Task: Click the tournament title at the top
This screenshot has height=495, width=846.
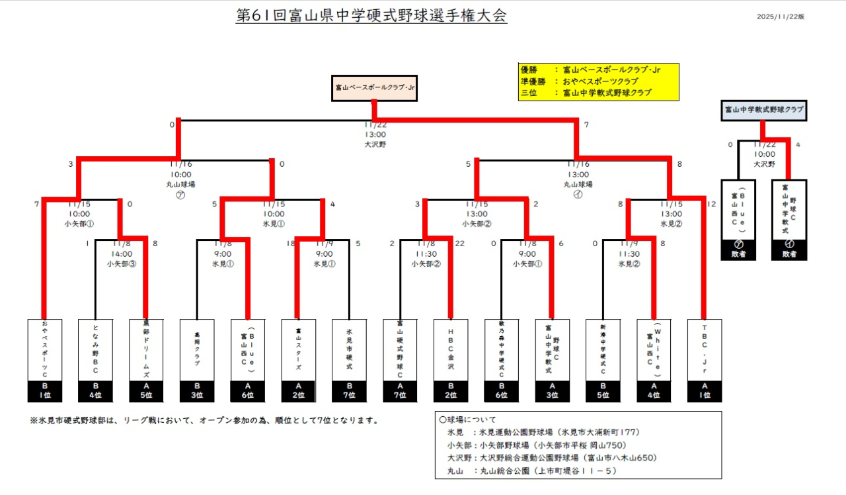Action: click(371, 16)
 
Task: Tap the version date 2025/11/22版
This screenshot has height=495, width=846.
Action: click(781, 17)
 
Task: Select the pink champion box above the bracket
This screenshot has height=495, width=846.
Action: click(375, 87)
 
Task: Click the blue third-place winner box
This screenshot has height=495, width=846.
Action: click(764, 110)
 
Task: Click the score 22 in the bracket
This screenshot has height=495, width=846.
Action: click(460, 244)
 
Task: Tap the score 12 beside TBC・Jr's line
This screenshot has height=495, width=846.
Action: click(711, 204)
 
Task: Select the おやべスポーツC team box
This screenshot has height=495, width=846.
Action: click(44, 351)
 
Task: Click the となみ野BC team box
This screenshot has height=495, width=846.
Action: click(95, 351)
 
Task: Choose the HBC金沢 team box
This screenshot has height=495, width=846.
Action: click(451, 351)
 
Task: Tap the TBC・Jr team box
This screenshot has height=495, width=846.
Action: click(705, 351)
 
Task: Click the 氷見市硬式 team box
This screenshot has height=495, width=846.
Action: click(349, 351)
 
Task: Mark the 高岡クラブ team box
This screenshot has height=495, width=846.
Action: click(197, 351)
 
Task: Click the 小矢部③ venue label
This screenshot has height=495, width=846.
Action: click(121, 263)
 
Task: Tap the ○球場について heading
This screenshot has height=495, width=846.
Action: click(468, 420)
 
